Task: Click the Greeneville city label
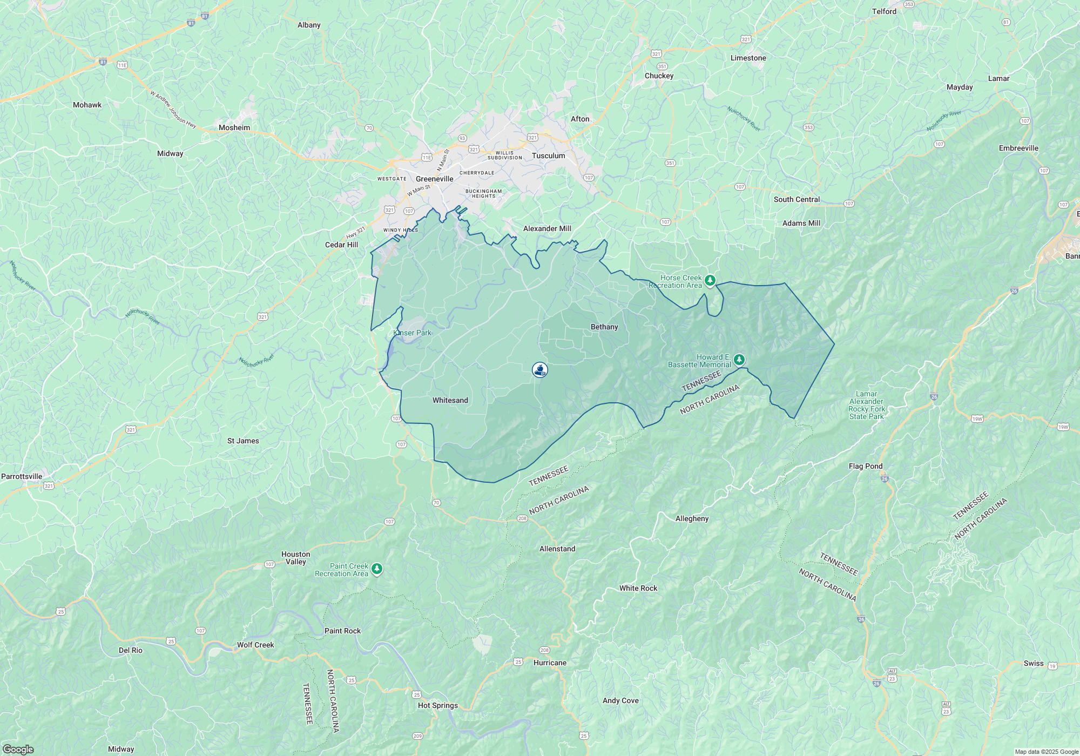[434, 179]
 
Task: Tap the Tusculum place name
[548, 156]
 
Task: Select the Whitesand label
[450, 400]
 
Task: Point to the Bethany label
[604, 327]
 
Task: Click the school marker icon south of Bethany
[540, 370]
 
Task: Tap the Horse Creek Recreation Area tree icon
[710, 280]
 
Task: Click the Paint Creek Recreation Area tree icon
[377, 569]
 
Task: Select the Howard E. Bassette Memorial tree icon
[739, 359]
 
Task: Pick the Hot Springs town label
[437, 705]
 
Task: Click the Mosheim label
[234, 127]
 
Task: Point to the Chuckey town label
[659, 76]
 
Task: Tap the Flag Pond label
[866, 466]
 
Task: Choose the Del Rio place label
[131, 650]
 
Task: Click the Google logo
[18, 749]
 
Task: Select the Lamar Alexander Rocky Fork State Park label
[866, 405]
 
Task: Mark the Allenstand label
[557, 549]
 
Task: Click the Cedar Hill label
[341, 245]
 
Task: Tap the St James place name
[243, 441]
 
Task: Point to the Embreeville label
[1018, 148]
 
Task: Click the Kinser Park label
[413, 333]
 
